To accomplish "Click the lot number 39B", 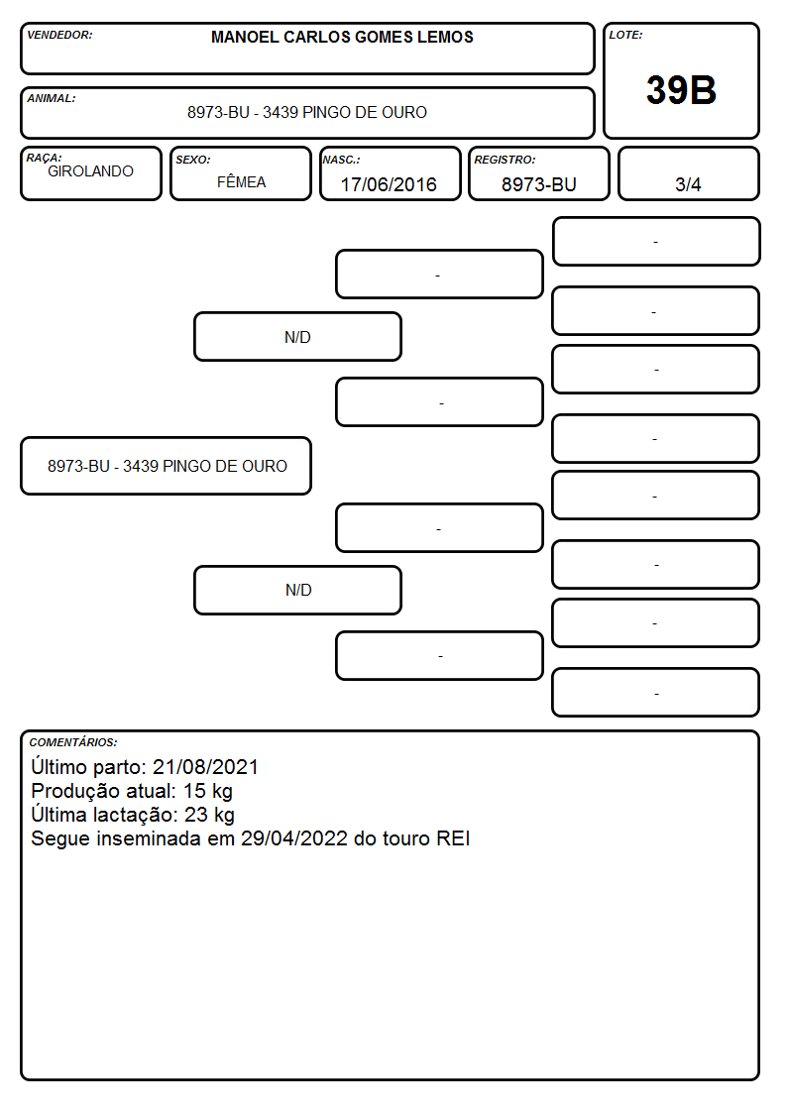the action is [681, 90].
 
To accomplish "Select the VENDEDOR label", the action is [59, 35].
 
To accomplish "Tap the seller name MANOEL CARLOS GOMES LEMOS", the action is [342, 37].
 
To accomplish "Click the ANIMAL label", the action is [52, 98].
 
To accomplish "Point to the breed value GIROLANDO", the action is [90, 171].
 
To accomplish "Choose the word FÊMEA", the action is [241, 181].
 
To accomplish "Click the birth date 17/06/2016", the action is [389, 184].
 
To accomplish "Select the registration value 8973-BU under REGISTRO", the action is [538, 184].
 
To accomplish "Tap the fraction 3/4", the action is [688, 184].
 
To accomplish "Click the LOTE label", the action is [625, 35].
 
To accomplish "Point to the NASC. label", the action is [341, 160].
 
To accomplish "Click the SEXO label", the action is [193, 160].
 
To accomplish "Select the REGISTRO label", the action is [505, 160].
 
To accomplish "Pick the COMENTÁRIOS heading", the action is [73, 742].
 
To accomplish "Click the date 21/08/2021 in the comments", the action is [205, 766].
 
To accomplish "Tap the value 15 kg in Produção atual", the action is [208, 791].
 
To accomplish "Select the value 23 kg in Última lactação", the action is [209, 815].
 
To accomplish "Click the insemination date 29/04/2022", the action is [294, 838].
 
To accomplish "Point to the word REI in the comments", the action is [453, 838].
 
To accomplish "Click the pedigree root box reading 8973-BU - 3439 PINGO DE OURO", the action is [167, 466].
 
